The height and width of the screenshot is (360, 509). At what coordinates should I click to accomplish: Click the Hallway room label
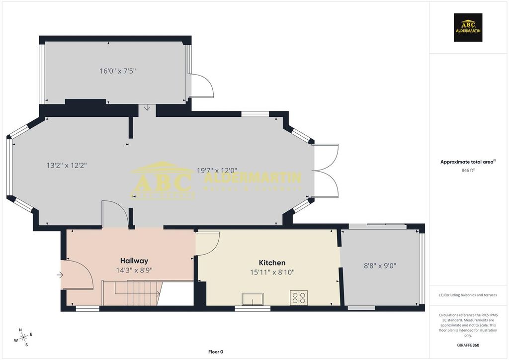(x=134, y=261)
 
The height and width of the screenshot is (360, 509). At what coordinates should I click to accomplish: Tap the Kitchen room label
(x=272, y=263)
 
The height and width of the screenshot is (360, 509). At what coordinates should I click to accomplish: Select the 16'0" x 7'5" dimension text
(x=118, y=71)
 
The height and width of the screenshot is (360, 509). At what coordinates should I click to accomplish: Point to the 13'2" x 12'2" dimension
(x=67, y=165)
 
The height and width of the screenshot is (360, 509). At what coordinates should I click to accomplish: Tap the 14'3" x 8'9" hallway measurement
(x=134, y=270)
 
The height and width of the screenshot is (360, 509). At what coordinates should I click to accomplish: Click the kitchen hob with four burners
(x=299, y=298)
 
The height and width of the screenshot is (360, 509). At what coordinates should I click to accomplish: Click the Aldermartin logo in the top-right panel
(x=468, y=27)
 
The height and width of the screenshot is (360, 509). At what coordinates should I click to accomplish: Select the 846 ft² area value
(x=468, y=170)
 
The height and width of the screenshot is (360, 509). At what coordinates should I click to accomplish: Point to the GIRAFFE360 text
(x=468, y=345)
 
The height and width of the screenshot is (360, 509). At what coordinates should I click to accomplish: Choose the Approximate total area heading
(x=468, y=162)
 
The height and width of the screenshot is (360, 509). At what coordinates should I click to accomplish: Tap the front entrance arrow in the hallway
(x=61, y=274)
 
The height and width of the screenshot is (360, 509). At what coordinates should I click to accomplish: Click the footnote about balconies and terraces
(x=468, y=295)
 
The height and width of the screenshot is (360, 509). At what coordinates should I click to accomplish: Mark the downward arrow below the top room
(x=147, y=108)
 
